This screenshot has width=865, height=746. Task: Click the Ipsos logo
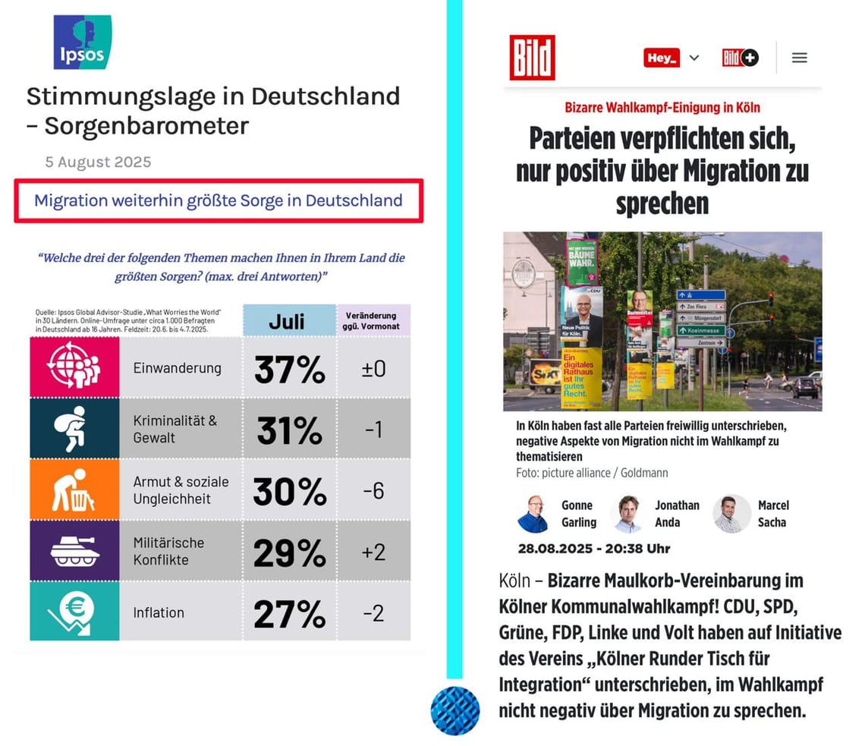82,42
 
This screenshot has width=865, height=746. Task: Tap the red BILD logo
532,58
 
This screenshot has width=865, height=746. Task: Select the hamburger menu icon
799,58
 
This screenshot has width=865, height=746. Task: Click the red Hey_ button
662,58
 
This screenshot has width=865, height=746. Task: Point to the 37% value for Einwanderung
289,370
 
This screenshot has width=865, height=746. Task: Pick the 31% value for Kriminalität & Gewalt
289,431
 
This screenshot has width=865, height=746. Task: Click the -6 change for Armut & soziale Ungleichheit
373,491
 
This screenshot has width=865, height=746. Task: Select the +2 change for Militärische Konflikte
373,552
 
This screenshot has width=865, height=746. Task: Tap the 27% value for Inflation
289,613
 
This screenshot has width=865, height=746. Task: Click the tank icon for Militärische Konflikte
74,551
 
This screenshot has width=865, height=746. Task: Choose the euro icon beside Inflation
74,612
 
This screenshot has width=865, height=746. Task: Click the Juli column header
289,320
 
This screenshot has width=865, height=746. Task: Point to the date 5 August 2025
98,162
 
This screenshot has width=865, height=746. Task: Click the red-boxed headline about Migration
219,201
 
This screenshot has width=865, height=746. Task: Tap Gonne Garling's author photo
533,514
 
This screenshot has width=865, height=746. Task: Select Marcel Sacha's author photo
731,514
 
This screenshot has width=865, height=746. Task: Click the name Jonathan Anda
677,514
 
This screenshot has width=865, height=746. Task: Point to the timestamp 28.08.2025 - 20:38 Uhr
594,548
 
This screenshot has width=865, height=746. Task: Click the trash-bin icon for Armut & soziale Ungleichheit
74,489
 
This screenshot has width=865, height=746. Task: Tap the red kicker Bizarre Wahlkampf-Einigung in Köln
662,108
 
